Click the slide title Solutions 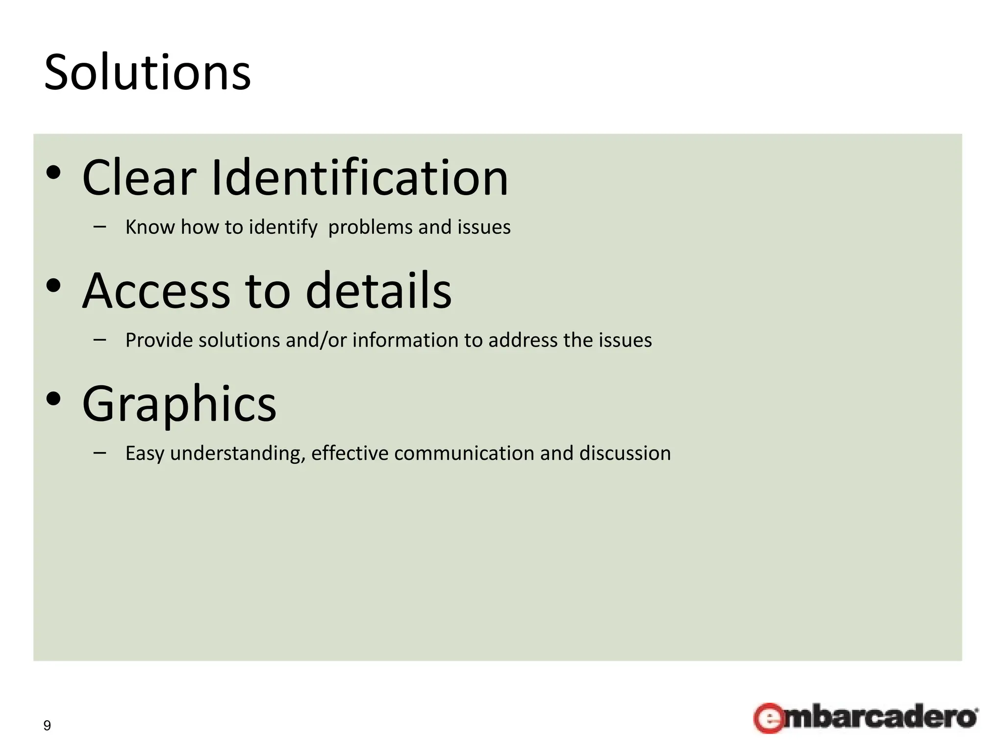[x=148, y=73]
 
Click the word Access [x=156, y=291]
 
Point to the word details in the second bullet [x=378, y=291]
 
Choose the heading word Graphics [x=179, y=404]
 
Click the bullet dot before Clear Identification [x=53, y=173]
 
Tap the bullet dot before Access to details [x=53, y=286]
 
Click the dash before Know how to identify [x=100, y=226]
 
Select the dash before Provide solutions [x=100, y=339]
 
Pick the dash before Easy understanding [x=100, y=452]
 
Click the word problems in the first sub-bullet [x=370, y=227]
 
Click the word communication [x=463, y=453]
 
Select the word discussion [x=625, y=453]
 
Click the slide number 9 [x=47, y=726]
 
